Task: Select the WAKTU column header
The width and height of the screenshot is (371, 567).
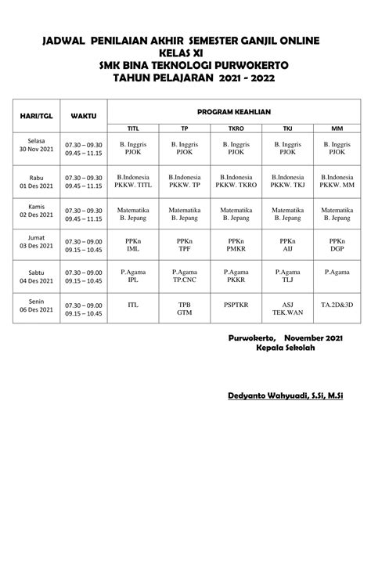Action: pyautogui.click(x=84, y=115)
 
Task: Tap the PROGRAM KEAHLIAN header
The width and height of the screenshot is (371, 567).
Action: pyautogui.click(x=234, y=111)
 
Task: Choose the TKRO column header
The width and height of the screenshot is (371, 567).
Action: pyautogui.click(x=236, y=128)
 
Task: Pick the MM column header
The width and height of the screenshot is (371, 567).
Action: pyautogui.click(x=337, y=128)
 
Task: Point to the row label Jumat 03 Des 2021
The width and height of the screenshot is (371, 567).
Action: pyautogui.click(x=36, y=241)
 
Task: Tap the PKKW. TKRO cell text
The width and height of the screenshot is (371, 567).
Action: pyautogui.click(x=236, y=186)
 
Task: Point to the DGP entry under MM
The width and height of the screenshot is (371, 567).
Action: pyautogui.click(x=337, y=247)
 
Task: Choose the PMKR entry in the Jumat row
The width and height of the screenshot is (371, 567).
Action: pyautogui.click(x=236, y=247)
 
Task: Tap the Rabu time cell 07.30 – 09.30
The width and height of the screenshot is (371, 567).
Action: pyautogui.click(x=84, y=178)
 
